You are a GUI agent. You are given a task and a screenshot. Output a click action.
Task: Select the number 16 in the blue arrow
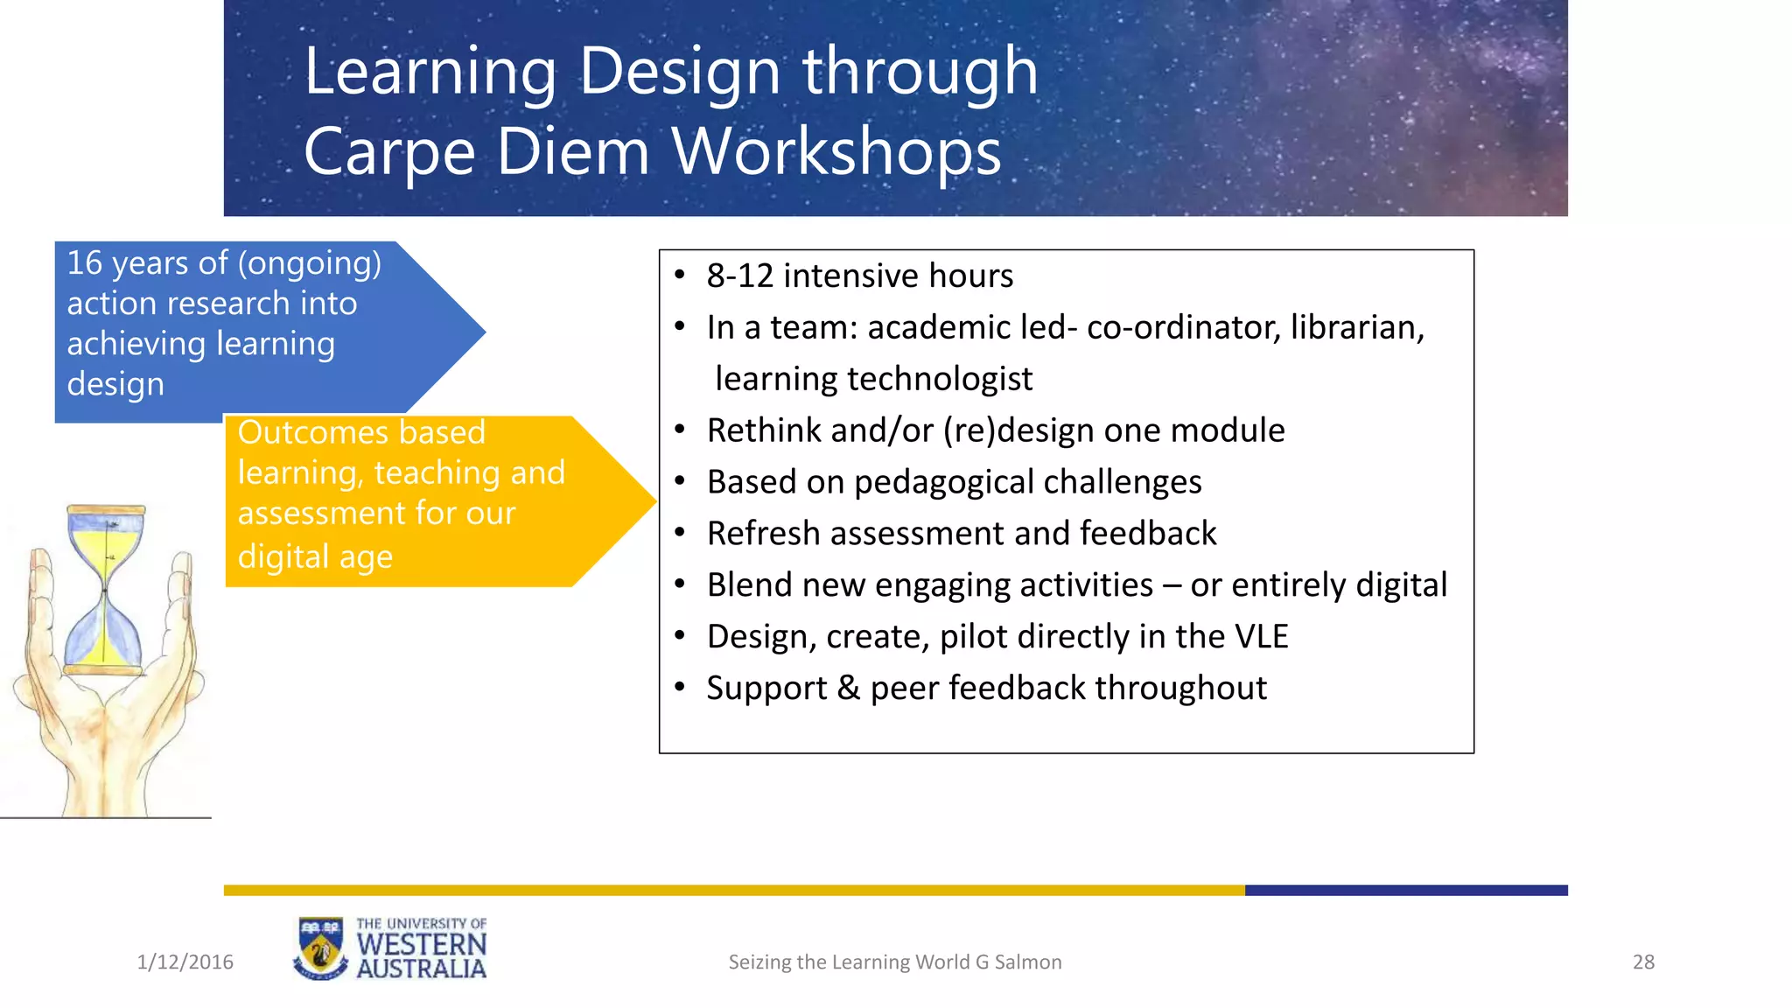point(85,262)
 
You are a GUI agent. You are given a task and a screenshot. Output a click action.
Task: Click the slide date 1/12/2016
point(185,962)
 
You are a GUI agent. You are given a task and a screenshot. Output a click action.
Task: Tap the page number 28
point(1643,962)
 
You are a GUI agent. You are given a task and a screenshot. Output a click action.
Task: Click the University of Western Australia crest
point(319,948)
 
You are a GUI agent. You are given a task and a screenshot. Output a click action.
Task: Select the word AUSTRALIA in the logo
point(422,969)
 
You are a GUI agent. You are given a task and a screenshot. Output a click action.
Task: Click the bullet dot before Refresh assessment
point(680,533)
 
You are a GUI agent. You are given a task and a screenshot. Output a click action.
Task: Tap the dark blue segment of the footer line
point(1406,891)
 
